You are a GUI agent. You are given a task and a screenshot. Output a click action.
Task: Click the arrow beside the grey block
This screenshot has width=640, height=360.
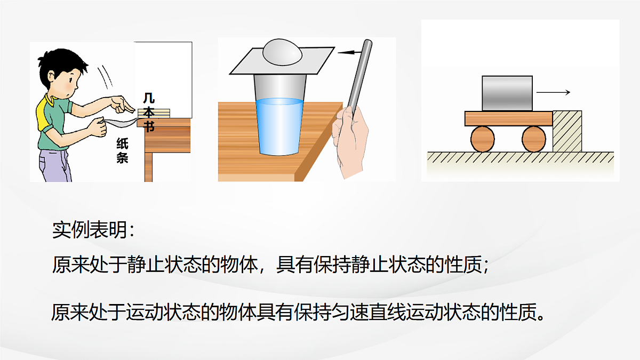pos(553,93)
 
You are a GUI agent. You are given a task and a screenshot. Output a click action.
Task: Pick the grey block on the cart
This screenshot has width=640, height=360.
pos(507,93)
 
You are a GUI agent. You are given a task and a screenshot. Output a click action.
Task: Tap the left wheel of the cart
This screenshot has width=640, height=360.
pos(483,139)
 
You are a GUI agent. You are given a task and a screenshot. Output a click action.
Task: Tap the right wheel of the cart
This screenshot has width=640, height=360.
pos(534,139)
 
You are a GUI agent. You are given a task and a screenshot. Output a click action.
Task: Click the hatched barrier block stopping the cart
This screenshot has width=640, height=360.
pos(567,131)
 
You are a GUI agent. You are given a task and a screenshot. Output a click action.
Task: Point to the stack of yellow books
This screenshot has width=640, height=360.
pos(154,113)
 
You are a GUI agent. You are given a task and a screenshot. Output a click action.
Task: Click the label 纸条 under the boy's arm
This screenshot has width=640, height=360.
pos(123,151)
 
